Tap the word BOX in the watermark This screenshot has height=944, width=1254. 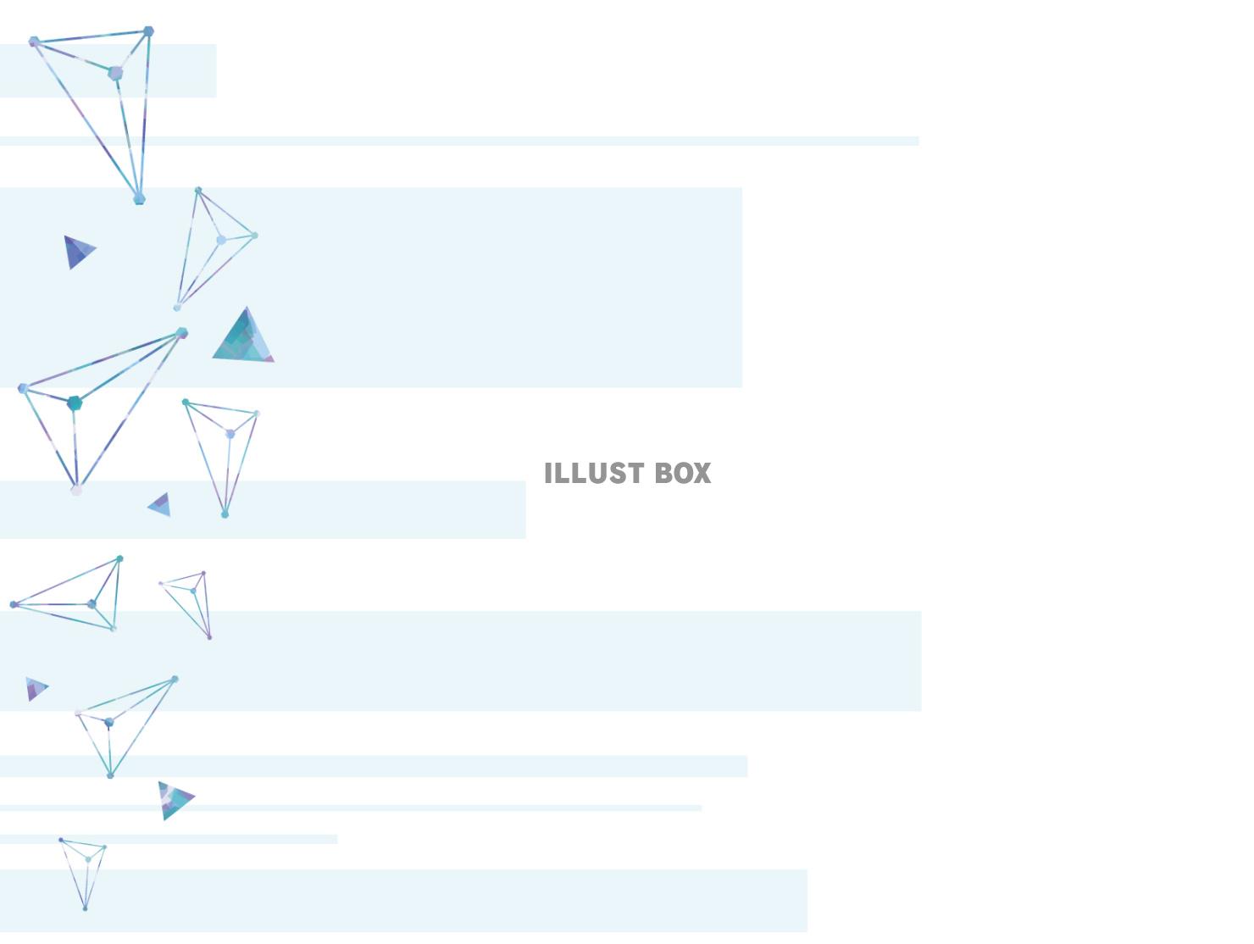(x=683, y=473)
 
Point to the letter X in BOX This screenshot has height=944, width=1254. (x=702, y=473)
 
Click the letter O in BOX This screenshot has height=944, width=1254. (x=682, y=473)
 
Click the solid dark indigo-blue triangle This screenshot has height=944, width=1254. (x=78, y=252)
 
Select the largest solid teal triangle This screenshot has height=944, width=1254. (x=244, y=338)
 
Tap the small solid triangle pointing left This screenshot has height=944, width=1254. (x=160, y=505)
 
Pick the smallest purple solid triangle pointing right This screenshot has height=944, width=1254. (x=36, y=688)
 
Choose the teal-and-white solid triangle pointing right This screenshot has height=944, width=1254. (x=175, y=799)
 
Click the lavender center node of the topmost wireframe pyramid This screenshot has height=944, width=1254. (x=115, y=73)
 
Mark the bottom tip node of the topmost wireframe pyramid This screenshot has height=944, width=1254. (x=140, y=199)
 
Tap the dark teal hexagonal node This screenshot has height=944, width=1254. (x=75, y=403)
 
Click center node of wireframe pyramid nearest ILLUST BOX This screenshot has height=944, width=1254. (x=230, y=434)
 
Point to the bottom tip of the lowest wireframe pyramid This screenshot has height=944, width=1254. (x=85, y=908)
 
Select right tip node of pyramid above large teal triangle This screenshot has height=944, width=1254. (x=255, y=236)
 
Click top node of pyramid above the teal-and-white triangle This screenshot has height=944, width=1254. (x=175, y=679)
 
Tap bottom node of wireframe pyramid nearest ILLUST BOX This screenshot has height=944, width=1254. (x=225, y=514)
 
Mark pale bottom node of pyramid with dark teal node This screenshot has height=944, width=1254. (x=76, y=490)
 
